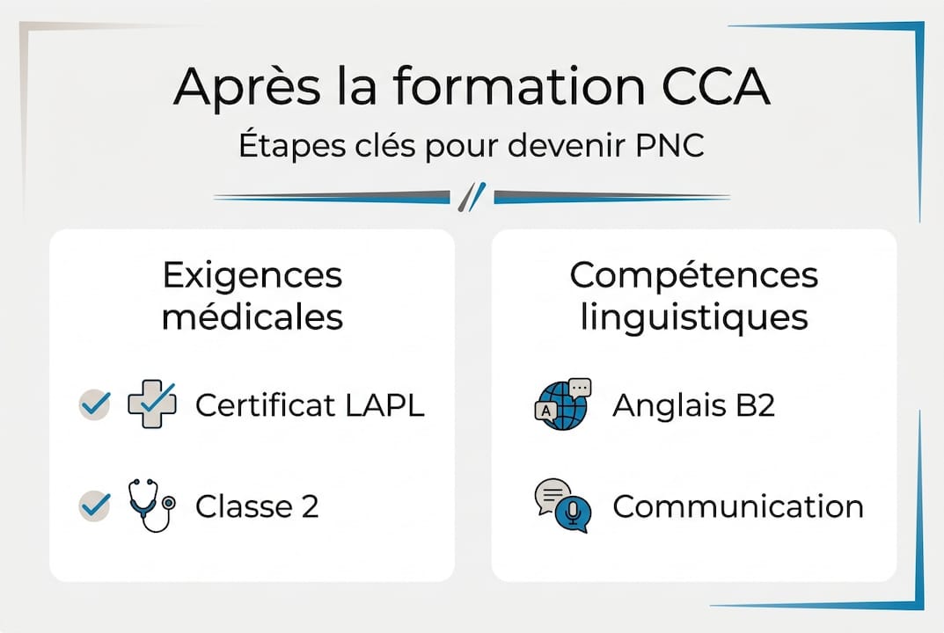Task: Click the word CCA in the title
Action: tap(716, 86)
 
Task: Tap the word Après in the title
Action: tap(247, 87)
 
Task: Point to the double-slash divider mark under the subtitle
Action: tap(472, 197)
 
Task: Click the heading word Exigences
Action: tap(252, 275)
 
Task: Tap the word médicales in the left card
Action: tap(252, 317)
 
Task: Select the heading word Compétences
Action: tap(693, 275)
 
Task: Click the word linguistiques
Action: tap(693, 317)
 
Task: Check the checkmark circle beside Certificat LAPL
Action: tap(94, 404)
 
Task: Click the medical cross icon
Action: tap(152, 404)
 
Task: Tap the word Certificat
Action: tap(266, 405)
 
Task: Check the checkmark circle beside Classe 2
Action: tap(94, 506)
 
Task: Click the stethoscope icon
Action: tap(151, 506)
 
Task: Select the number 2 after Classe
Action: tap(310, 506)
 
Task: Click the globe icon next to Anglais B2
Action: tap(563, 404)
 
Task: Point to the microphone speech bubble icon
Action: tap(563, 506)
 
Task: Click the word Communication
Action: tap(738, 506)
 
